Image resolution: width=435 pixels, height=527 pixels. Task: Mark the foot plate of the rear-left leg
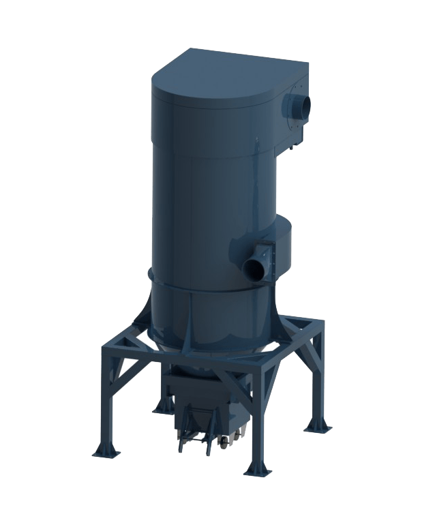pos(162,408)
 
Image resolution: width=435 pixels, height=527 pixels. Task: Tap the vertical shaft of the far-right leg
pos(316,375)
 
